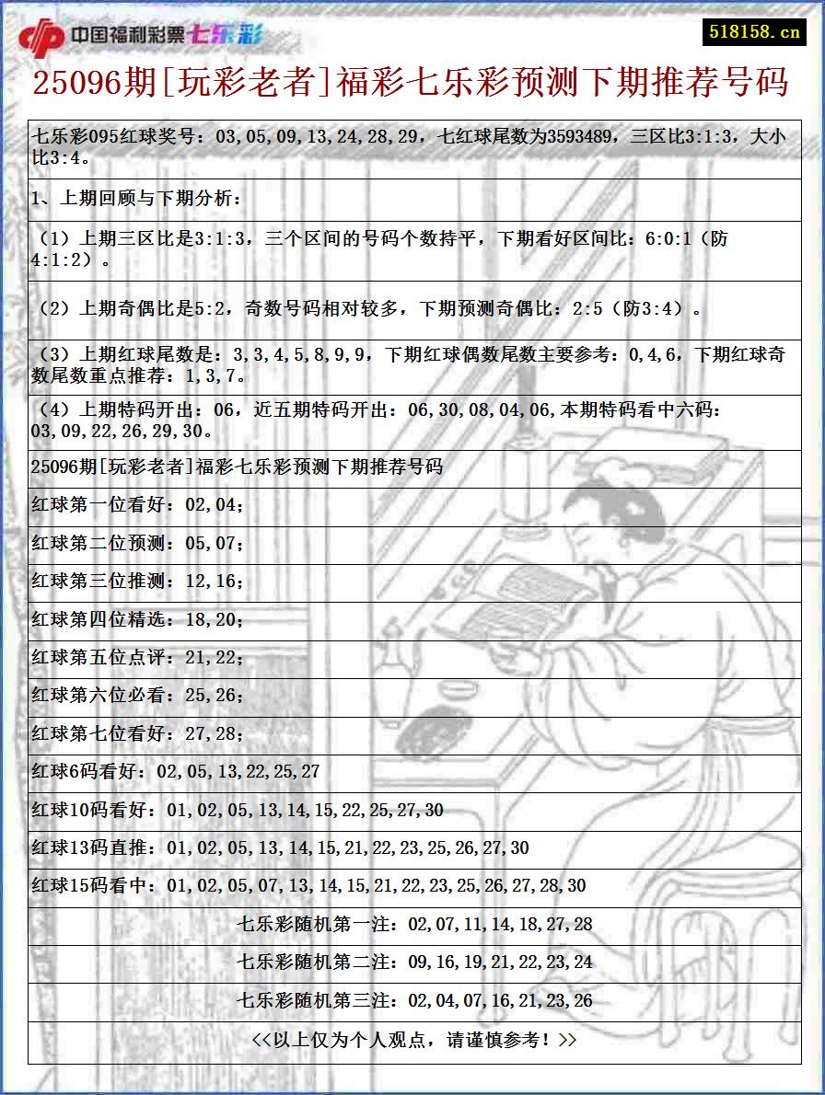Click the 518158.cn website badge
[755, 32]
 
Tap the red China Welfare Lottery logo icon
[41, 38]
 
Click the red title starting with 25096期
[411, 83]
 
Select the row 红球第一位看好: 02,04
[138, 504]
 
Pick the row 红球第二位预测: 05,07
[138, 543]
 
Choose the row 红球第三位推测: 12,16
[138, 582]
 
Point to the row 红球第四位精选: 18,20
[138, 620]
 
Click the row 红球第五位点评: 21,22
[138, 658]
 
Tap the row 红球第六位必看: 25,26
[138, 696]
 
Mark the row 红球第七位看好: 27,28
[138, 734]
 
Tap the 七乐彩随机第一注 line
[414, 924]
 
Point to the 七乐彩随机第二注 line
[414, 962]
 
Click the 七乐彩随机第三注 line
[414, 1001]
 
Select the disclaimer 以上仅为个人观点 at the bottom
[414, 1040]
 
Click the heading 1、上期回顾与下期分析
[135, 198]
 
